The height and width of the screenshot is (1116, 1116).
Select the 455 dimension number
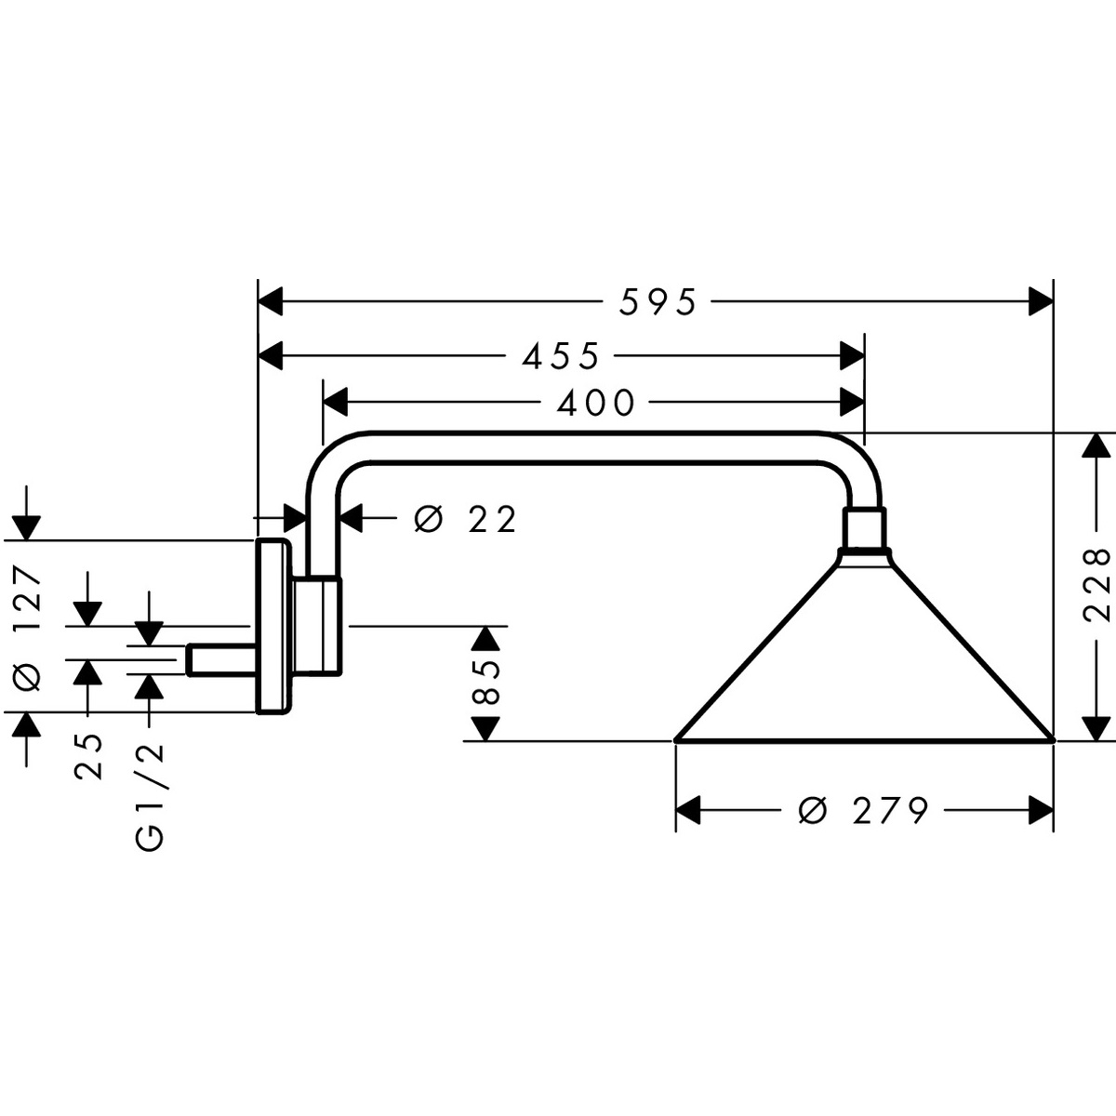tap(561, 355)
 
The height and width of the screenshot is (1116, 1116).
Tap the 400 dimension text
tap(595, 403)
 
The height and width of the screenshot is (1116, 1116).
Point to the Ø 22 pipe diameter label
tap(465, 520)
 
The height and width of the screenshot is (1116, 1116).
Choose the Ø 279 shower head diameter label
tap(864, 811)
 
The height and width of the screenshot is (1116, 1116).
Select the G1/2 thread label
tap(150, 796)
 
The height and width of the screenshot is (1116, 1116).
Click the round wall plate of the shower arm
tap(271, 626)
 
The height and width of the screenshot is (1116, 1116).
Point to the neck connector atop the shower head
tap(866, 529)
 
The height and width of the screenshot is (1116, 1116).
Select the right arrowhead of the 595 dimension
tap(1040, 302)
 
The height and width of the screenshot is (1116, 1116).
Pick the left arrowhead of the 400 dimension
tap(334, 403)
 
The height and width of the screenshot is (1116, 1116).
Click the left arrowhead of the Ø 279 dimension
tap(687, 811)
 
